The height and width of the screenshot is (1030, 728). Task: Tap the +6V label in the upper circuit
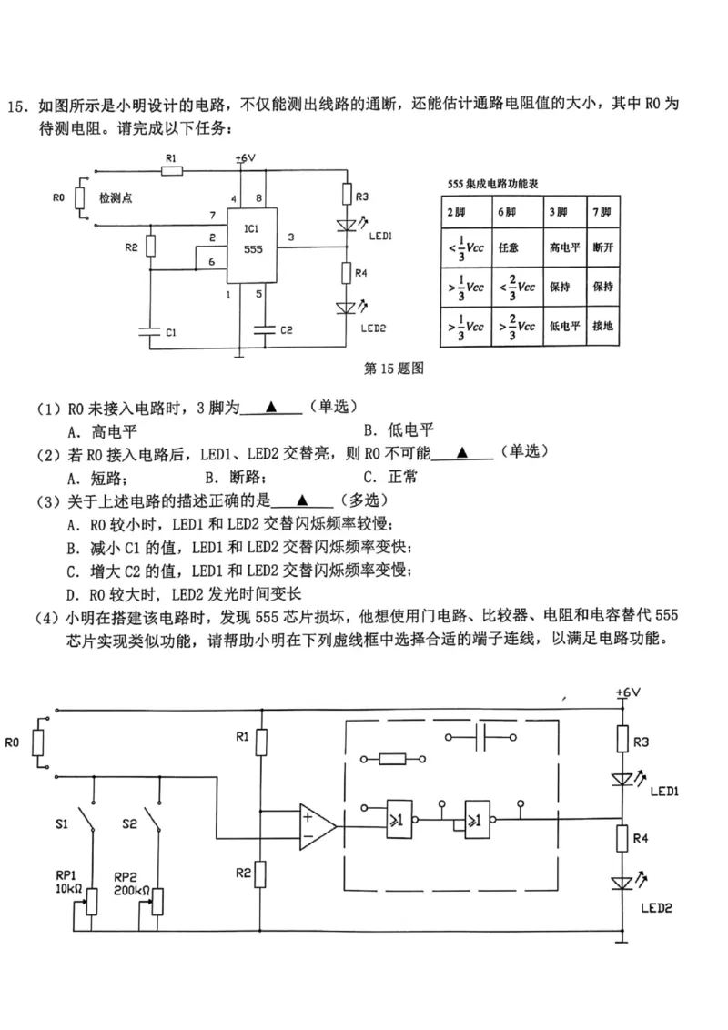point(245,158)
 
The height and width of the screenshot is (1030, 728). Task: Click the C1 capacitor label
point(171,334)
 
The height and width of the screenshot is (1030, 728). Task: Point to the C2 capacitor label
point(286,330)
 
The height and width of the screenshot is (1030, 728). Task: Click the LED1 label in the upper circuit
point(379,235)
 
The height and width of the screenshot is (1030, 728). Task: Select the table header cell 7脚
point(602,212)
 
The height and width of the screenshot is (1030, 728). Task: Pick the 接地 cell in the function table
point(602,325)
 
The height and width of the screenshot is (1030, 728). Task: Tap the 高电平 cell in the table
point(559,247)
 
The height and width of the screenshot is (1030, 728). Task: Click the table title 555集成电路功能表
point(492,184)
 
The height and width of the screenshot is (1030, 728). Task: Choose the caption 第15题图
point(394,369)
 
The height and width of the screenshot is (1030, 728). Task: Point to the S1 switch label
point(61,824)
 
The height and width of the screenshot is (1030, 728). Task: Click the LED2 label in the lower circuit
point(655,907)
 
